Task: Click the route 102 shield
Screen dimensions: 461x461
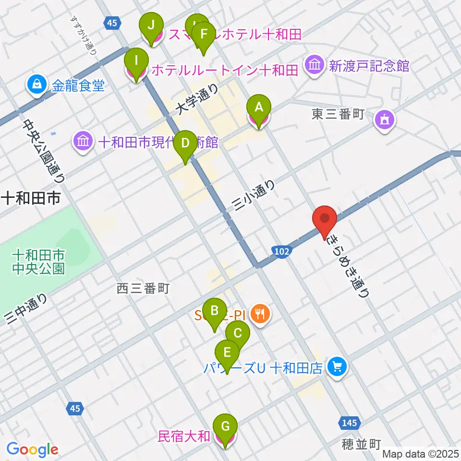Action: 283,252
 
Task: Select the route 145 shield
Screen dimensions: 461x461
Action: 350,423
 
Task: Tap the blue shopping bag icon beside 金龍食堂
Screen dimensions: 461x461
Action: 36,86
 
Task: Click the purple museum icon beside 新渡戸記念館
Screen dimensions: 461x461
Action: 315,65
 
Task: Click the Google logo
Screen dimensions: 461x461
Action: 32,449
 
